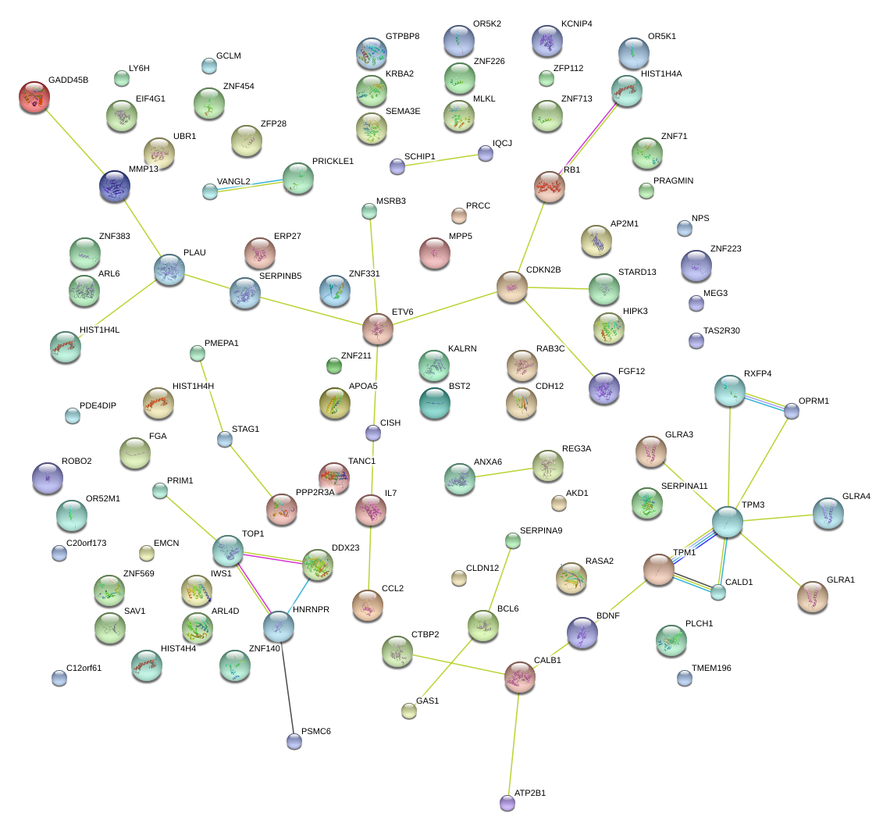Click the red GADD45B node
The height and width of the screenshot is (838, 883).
34,96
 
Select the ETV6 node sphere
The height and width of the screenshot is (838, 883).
377,328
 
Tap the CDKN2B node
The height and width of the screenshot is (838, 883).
511,287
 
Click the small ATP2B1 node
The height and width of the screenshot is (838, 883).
507,801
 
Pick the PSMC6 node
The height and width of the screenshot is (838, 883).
294,740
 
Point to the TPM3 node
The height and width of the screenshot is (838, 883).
727,521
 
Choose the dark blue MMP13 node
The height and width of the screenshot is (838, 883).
115,186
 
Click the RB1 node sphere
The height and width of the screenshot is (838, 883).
549,186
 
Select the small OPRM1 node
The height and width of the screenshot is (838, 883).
792,410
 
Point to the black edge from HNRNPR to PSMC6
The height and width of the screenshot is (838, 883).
287,683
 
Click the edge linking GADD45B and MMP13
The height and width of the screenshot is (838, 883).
74,141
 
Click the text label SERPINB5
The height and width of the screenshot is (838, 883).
280,276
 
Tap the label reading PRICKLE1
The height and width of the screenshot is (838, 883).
333,161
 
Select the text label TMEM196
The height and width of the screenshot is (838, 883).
711,668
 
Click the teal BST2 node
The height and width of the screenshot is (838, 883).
434,401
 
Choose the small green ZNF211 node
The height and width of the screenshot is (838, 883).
334,365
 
